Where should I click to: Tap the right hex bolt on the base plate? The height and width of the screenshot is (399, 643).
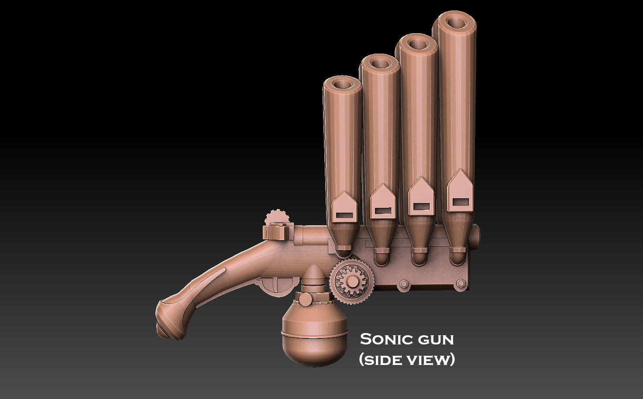(x=459, y=284)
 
